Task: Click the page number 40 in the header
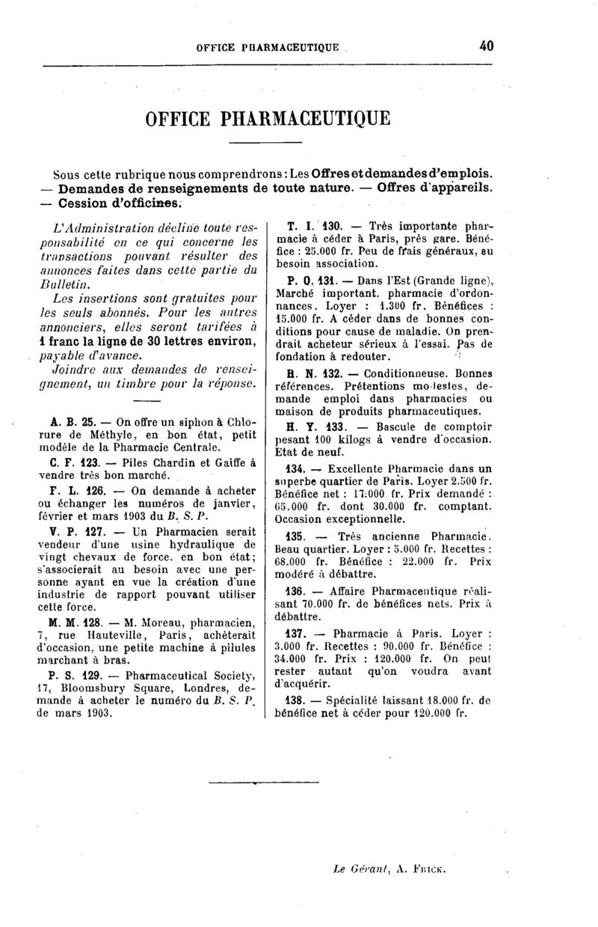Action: [x=486, y=46]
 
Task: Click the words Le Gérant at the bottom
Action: [x=357, y=870]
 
